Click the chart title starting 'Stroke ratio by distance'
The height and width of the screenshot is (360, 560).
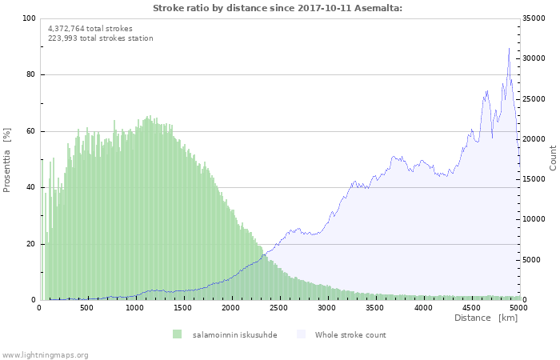[278, 8]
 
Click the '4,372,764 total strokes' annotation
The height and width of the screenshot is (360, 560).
[90, 29]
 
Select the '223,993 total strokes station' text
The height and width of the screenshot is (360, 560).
[100, 38]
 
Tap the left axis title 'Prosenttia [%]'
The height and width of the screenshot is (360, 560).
[6, 160]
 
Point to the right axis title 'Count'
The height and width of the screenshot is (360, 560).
[553, 158]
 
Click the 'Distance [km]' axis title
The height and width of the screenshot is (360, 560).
[486, 318]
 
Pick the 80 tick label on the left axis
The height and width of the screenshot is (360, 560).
[30, 74]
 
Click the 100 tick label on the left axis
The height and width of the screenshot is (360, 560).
[29, 18]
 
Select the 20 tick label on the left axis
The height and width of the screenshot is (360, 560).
[30, 244]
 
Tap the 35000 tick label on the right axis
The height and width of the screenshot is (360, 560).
[534, 18]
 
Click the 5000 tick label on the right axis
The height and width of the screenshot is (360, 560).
[531, 260]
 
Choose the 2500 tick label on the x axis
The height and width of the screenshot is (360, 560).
[278, 308]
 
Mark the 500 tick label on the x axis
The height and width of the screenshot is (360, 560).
[86, 308]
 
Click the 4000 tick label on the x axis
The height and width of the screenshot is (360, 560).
[423, 308]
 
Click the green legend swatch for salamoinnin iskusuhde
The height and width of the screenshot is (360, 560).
[177, 334]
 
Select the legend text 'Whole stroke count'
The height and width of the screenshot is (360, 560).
[350, 335]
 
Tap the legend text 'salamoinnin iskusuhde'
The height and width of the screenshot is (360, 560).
[234, 335]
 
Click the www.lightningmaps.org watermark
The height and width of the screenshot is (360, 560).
[45, 355]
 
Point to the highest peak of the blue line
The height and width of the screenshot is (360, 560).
[509, 48]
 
